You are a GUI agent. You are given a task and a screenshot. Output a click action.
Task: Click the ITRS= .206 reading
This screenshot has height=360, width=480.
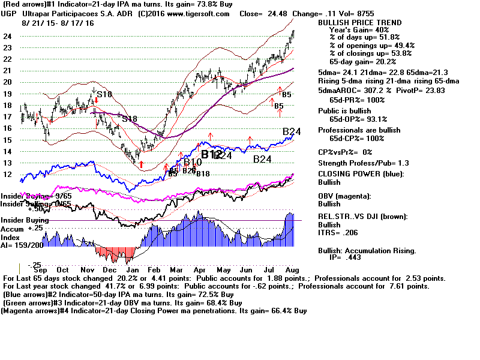341,231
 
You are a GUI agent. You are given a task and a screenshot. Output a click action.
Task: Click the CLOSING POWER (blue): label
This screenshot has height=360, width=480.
361,174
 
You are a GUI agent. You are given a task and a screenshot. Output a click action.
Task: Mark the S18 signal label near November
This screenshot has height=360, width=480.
105,94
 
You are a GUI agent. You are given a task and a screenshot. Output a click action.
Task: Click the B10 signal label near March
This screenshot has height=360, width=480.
193,162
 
